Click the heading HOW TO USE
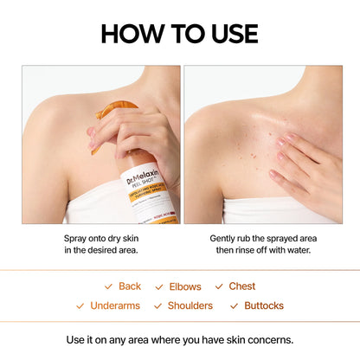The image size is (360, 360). pos(180,33)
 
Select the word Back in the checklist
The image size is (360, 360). pos(130,286)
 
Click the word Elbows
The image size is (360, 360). pos(185,286)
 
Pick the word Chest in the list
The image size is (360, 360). pos(242,286)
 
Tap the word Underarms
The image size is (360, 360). pos(115,305)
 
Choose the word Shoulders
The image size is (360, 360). pos(190,305)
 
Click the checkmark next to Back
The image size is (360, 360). pos(108,286)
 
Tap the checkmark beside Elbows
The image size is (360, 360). pos(159,286)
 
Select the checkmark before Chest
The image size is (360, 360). pos(219,286)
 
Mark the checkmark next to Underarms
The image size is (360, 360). pos(80,305)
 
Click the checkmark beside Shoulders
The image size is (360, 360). pos(157,305)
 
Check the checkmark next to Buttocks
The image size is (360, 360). pos(234,305)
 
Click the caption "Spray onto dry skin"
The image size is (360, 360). pos(100,237)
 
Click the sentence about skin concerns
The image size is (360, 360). pos(180,338)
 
